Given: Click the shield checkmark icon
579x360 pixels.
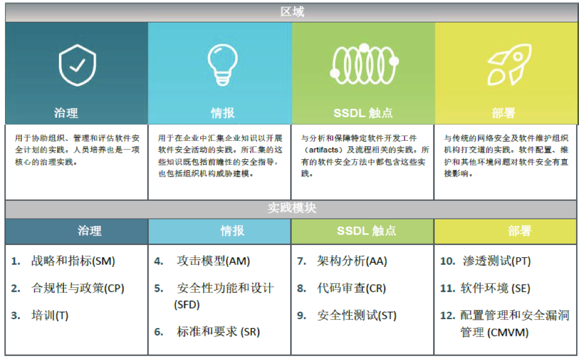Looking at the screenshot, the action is coord(77,65).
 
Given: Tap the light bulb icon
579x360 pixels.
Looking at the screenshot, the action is coord(222,64).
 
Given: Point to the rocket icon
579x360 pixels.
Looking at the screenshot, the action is coord(509,64).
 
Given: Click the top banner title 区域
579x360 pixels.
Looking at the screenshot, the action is coord(292,12).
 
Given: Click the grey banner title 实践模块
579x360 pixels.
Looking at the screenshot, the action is coord(292,208).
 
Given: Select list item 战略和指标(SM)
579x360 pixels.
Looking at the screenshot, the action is coord(73,261).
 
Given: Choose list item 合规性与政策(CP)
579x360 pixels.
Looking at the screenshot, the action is coord(78,288).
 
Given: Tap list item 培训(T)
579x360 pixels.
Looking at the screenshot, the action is coord(50,315).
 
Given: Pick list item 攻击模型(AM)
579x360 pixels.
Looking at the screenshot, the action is coord(213,261).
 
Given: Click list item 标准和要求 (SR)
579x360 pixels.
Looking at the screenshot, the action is coord(218,331).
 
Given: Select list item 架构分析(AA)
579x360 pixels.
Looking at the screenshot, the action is coord(352,261).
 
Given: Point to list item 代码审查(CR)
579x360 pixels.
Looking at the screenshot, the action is coord(351,288).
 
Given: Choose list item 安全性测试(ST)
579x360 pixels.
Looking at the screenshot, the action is coord(357,315).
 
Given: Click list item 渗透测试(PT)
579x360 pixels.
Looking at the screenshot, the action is coord(497,261).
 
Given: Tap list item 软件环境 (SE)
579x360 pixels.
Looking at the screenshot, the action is coord(495,288).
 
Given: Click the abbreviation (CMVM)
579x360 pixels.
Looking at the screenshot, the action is coord(508,333).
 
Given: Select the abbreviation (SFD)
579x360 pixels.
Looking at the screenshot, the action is coord(187,304).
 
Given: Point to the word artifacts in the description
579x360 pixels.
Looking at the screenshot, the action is coord(324,150).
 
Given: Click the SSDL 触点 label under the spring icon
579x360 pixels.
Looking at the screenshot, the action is coord(363,113).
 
